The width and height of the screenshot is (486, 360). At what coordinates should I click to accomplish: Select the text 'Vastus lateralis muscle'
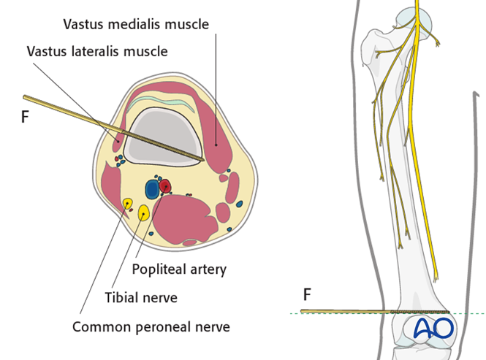pos(97,51)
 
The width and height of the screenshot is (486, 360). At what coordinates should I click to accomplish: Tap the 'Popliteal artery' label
pos(179,269)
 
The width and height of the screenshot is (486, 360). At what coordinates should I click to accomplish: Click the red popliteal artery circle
pos(166,187)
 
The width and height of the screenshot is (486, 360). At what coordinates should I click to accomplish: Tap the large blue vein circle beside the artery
pos(152,189)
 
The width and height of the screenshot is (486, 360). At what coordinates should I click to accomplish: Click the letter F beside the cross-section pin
pos(25,116)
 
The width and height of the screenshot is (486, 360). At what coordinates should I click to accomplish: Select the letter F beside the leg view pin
pos(308,295)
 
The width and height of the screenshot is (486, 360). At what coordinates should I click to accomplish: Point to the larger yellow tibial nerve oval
pos(143,212)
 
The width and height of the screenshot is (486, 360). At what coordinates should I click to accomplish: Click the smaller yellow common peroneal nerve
pos(127,204)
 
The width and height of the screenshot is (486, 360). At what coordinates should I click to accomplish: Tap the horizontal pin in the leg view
pos(343,312)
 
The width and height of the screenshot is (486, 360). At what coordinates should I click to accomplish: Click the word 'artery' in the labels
pos(208,269)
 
